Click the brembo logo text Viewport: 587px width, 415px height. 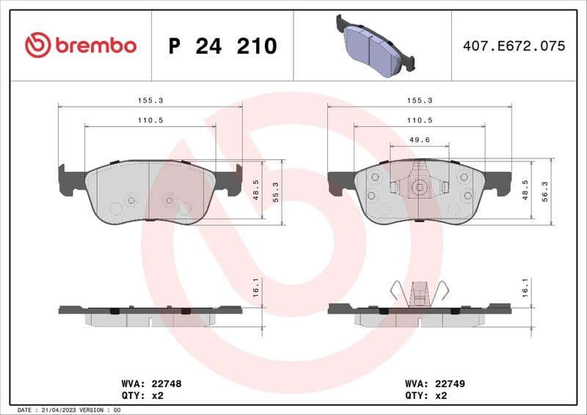tap(95, 45)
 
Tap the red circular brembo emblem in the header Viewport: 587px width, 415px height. tap(37, 45)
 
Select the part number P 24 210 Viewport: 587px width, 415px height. tap(222, 46)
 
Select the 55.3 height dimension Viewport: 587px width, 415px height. tap(276, 192)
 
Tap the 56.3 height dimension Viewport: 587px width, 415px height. tap(545, 192)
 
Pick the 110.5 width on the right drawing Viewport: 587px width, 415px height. tap(419, 119)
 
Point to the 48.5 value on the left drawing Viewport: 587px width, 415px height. tap(255, 189)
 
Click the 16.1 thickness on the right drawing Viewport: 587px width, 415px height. tap(525, 286)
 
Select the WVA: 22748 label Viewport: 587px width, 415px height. tap(151, 383)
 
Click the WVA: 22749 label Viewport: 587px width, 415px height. tap(435, 383)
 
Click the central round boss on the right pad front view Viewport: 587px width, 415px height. tap(419, 187)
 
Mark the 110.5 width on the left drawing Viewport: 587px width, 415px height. tap(150, 119)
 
